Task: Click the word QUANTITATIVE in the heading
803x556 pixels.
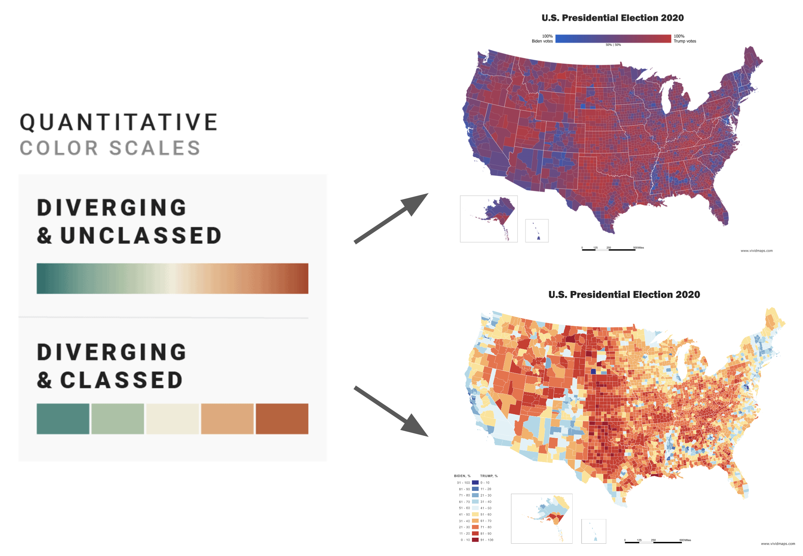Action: pos(119,122)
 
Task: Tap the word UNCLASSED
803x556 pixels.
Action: pos(141,235)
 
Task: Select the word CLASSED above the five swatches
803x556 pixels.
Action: pos(122,380)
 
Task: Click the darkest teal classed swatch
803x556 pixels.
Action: pos(63,419)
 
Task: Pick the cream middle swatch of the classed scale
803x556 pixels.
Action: pos(172,419)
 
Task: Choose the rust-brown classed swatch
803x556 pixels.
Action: pos(282,419)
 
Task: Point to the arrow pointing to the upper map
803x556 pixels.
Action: pos(391,218)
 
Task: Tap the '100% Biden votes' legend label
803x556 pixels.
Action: pos(542,39)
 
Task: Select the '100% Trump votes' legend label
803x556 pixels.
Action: pos(685,39)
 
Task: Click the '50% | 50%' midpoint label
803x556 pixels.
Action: pos(613,45)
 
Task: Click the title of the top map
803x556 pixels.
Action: pos(612,18)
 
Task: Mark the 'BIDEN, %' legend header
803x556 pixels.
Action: pos(462,476)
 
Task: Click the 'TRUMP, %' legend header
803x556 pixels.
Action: pos(489,476)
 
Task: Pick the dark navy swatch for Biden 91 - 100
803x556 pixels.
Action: pos(475,483)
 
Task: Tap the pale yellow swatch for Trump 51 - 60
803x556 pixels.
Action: pos(475,514)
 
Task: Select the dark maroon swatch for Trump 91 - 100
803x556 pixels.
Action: pos(475,540)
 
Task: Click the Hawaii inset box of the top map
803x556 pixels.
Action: pos(537,231)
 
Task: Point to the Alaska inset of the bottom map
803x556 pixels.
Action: pos(542,518)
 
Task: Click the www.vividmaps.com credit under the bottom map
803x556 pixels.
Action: pos(778,544)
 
